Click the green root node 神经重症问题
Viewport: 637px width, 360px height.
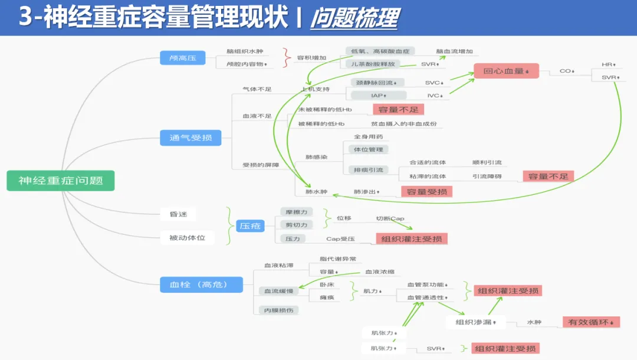coord(60,181)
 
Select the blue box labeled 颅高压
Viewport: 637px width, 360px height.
coord(183,57)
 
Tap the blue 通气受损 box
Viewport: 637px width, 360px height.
coord(191,138)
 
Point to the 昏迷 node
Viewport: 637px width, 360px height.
coord(179,214)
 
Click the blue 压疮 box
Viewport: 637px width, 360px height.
coord(251,225)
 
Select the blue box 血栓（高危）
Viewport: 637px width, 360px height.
coord(201,285)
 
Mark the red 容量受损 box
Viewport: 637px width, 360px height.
coord(426,191)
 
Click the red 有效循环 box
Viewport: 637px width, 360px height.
coord(591,322)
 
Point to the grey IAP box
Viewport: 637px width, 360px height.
coord(379,95)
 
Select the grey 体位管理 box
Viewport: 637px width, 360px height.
coord(369,150)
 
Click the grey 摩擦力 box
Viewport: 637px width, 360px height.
coord(297,211)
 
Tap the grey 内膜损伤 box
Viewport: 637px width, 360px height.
coord(278,310)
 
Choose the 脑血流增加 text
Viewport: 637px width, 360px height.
coord(454,51)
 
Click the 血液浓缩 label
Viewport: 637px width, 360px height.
coord(380,272)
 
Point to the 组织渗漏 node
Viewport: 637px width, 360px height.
coord(477,322)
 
